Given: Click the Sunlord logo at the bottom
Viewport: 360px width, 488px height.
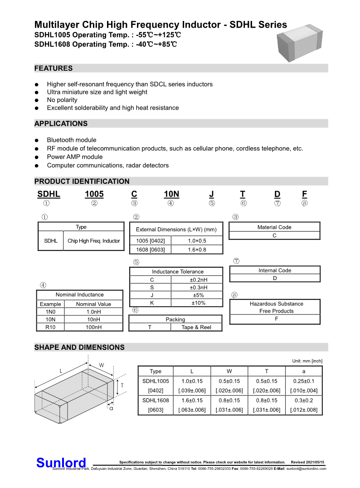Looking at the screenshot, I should point(61,463).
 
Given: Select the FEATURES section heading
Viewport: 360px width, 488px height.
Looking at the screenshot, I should point(54,68).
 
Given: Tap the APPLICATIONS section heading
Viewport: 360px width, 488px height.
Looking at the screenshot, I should point(61,124).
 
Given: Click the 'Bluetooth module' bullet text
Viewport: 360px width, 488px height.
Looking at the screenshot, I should point(72,140).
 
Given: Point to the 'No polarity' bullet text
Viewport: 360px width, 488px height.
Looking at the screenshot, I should point(62,100).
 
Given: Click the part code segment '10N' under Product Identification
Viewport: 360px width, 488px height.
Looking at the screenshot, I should point(171,194).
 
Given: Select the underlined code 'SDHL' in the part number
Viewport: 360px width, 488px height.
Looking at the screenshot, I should point(49,194).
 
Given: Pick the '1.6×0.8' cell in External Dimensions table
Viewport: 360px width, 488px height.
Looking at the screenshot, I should point(197,250).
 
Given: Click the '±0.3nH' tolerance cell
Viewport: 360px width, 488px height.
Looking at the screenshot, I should point(198,287).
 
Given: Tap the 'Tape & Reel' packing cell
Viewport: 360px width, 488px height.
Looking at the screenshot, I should point(196,327).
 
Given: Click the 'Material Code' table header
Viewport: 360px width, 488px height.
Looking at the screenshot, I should point(274,227).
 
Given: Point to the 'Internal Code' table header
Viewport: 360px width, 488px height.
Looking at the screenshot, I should point(275,271).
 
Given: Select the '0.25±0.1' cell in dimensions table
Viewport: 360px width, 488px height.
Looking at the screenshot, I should point(304,381).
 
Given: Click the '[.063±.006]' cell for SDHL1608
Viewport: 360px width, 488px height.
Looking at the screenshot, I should point(192,410).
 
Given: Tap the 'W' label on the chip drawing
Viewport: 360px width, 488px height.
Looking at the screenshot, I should point(102,365).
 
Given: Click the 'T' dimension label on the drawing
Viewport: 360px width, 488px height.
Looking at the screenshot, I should point(122,385).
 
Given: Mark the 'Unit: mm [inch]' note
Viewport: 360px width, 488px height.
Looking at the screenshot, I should point(307,361).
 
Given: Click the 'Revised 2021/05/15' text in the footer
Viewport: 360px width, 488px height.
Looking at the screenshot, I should point(307,462).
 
